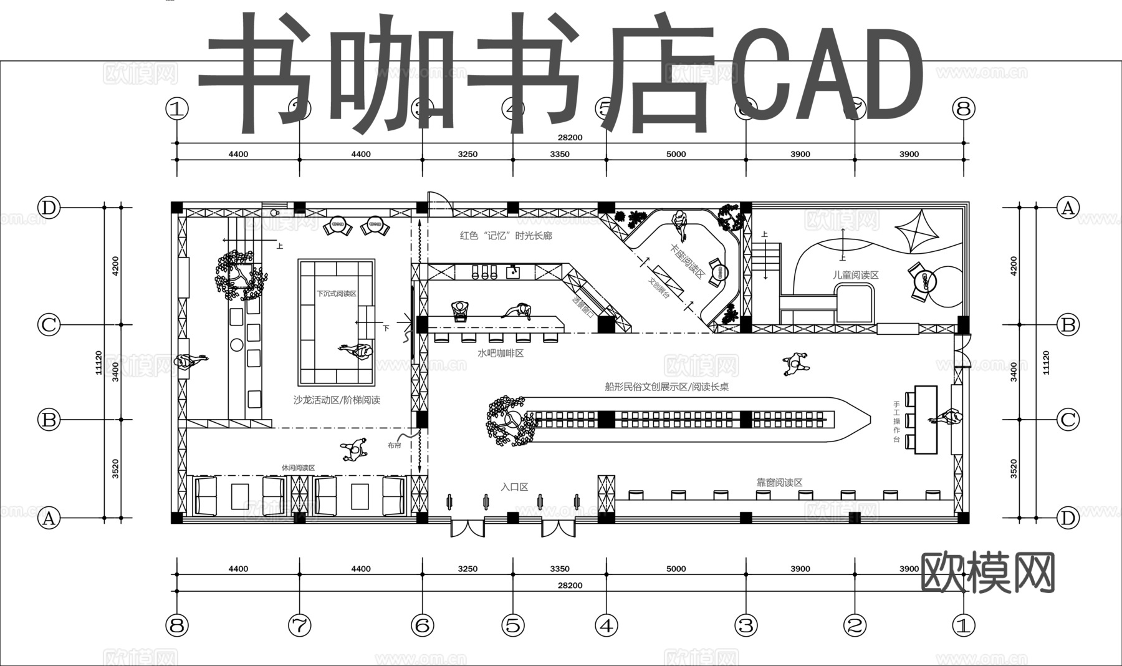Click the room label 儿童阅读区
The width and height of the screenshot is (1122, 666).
pyautogui.click(x=855, y=275)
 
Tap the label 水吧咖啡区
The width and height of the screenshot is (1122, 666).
pyautogui.click(x=501, y=354)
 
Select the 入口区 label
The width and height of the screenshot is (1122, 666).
pyautogui.click(x=514, y=486)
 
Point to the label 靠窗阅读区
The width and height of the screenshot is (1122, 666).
pyautogui.click(x=779, y=482)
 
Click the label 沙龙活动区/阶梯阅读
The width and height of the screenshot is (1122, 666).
pyautogui.click(x=337, y=400)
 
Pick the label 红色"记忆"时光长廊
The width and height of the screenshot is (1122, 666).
pyautogui.click(x=506, y=236)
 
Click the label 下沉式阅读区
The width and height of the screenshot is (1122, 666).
pyautogui.click(x=336, y=293)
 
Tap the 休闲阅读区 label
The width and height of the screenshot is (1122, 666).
pyautogui.click(x=298, y=468)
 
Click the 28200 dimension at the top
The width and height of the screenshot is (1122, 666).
pyautogui.click(x=570, y=137)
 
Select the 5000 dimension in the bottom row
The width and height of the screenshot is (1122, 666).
pyautogui.click(x=676, y=569)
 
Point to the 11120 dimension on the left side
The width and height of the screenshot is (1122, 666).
pyautogui.click(x=98, y=362)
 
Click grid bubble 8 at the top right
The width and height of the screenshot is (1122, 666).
pyautogui.click(x=964, y=109)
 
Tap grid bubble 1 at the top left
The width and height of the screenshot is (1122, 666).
pyautogui.click(x=177, y=109)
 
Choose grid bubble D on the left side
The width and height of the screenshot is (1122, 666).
pyautogui.click(x=49, y=207)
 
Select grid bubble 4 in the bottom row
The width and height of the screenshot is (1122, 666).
pyautogui.click(x=607, y=625)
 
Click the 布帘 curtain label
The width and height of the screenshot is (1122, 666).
pyautogui.click(x=394, y=445)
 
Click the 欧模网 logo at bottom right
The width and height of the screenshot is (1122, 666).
pyautogui.click(x=987, y=572)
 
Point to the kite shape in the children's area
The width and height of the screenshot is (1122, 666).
pyautogui.click(x=917, y=231)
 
